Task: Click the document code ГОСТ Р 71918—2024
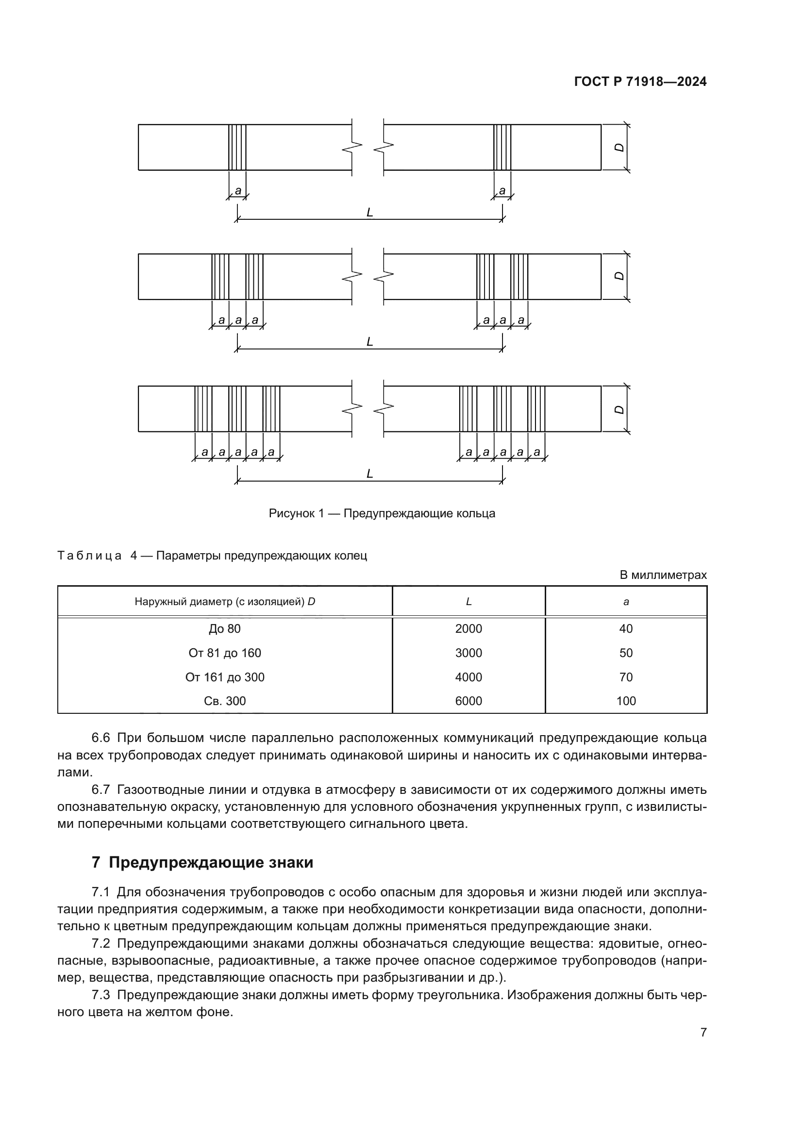coord(640,82)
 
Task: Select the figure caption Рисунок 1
coord(381,513)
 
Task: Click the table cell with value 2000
coord(468,629)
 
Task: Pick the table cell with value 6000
coord(468,701)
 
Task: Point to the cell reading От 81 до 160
coord(224,653)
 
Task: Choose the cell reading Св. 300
coord(224,701)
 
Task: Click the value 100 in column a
coord(625,701)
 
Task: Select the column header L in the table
coord(468,602)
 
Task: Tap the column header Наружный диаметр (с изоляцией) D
coord(224,602)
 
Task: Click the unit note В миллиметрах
coord(663,575)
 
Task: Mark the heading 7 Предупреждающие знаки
coord(202,863)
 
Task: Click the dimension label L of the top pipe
coord(369,213)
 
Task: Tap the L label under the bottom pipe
coord(369,474)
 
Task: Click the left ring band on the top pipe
coord(237,148)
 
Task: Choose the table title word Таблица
coord(89,556)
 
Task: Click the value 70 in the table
coord(625,677)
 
